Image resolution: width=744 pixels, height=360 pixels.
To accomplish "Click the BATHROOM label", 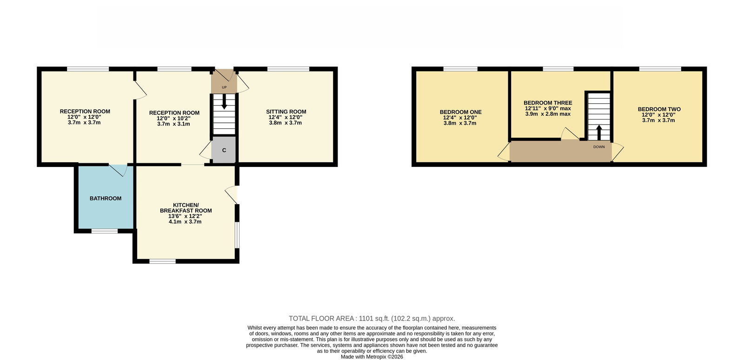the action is [x=105, y=199].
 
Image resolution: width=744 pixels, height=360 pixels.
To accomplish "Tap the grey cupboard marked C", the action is [x=224, y=150].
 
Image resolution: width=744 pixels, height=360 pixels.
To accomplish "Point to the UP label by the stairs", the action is [x=224, y=87].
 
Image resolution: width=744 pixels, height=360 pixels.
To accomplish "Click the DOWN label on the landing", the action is [x=599, y=147].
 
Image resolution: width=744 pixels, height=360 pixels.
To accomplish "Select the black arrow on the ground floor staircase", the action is [x=224, y=101].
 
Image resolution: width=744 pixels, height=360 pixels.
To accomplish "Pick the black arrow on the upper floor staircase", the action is [x=599, y=132].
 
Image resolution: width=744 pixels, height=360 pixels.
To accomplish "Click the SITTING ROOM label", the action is [x=286, y=112].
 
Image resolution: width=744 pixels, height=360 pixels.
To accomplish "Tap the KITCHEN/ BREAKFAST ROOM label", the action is [x=186, y=208].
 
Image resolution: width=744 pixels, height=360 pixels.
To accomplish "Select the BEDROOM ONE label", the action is [x=460, y=112].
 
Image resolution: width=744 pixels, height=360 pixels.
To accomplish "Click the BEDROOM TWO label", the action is [x=659, y=109].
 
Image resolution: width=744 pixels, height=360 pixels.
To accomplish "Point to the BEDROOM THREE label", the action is [x=548, y=103].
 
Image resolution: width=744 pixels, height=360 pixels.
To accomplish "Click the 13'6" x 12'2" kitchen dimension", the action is [x=185, y=216].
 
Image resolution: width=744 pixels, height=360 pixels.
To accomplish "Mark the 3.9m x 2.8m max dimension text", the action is [x=548, y=114].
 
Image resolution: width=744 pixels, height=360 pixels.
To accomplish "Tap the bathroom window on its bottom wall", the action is [x=105, y=231].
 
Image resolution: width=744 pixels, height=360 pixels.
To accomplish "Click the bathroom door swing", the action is [x=118, y=170].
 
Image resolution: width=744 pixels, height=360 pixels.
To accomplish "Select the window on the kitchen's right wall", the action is [x=237, y=235].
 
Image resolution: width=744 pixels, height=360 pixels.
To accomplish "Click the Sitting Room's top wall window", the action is [x=288, y=69].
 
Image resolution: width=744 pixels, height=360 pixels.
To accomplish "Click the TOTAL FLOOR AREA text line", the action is [x=372, y=319].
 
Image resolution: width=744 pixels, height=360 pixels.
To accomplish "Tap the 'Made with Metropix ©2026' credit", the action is [x=372, y=357].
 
